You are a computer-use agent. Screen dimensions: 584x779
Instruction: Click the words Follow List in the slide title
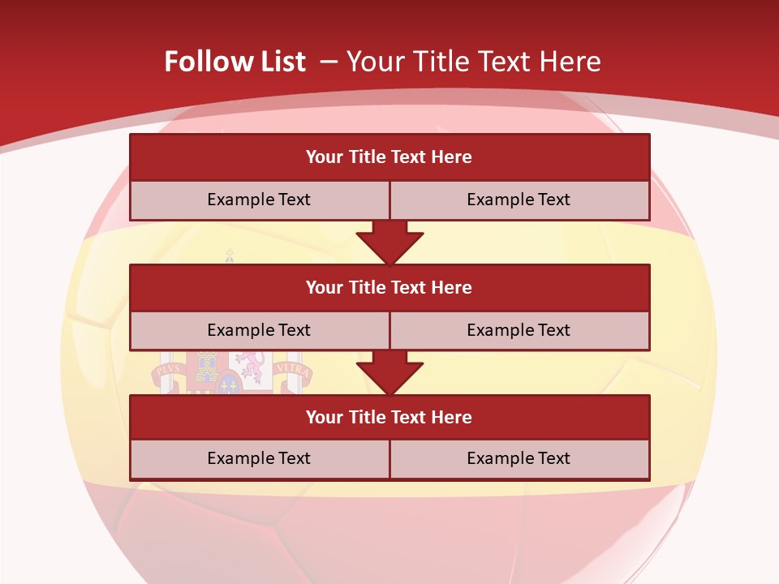click(x=235, y=62)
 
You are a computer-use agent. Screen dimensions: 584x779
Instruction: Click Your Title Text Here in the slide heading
click(x=474, y=62)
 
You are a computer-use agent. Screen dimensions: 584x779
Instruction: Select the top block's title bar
click(x=389, y=157)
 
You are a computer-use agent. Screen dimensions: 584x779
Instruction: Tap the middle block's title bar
click(x=389, y=287)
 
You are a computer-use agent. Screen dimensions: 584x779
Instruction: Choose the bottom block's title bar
click(x=389, y=417)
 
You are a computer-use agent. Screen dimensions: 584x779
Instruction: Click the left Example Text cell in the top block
click(x=259, y=200)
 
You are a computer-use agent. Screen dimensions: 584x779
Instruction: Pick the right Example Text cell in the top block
click(x=519, y=200)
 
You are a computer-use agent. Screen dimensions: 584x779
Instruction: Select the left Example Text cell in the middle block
click(x=259, y=330)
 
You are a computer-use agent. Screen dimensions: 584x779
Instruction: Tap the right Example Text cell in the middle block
click(x=519, y=330)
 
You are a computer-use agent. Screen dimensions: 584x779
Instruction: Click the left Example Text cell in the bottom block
click(x=259, y=458)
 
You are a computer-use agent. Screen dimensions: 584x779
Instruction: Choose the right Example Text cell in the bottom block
click(x=519, y=458)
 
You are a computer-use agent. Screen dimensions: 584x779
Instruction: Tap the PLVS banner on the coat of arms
click(x=167, y=370)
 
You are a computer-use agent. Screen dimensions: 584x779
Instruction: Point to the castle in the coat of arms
click(x=205, y=367)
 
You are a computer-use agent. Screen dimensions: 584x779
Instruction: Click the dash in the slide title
click(x=328, y=62)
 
